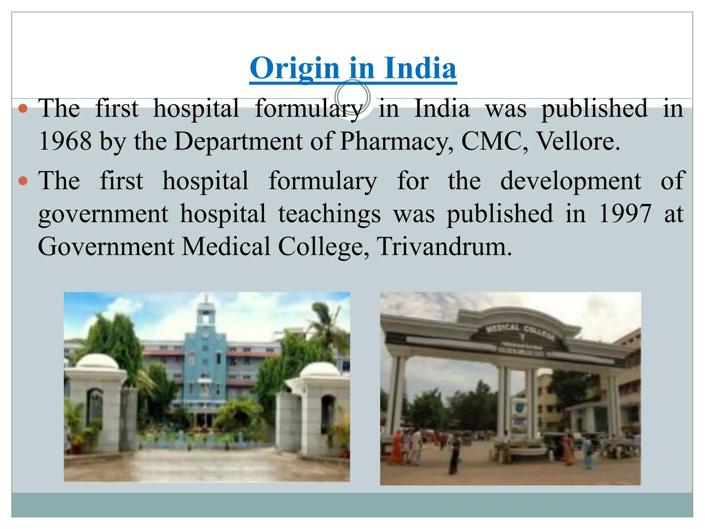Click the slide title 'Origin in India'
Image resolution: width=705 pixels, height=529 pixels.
(x=353, y=68)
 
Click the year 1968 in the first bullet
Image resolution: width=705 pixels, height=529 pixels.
(x=65, y=141)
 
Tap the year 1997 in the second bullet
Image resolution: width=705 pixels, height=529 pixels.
(x=625, y=214)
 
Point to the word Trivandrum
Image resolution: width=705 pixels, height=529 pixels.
(x=444, y=247)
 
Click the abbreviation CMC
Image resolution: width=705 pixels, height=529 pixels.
(x=491, y=141)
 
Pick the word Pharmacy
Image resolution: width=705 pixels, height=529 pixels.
(x=396, y=142)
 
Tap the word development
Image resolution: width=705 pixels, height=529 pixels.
(x=570, y=181)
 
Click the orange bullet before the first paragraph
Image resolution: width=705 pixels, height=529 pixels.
(x=23, y=109)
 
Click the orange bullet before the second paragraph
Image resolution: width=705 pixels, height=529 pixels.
(x=23, y=181)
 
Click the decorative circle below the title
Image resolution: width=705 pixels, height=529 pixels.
(x=352, y=97)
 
